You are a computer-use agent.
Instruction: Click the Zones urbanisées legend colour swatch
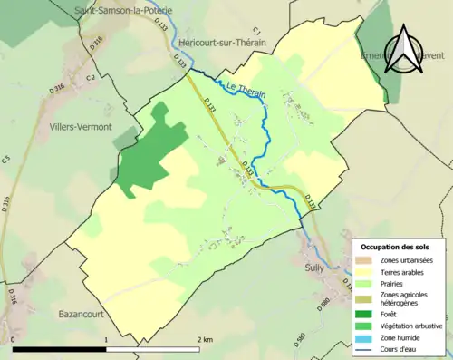(364, 260)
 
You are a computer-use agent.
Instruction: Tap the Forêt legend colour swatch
(364, 314)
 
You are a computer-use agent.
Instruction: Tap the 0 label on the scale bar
(14, 340)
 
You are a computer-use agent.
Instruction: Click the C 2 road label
(91, 78)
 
